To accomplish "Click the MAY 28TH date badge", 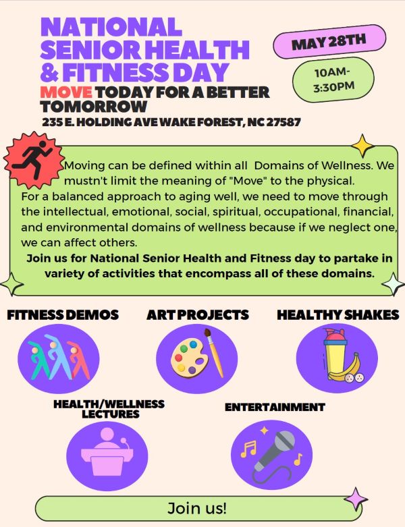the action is [x=329, y=42].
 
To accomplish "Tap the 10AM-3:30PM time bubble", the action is [x=333, y=80].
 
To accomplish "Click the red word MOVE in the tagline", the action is [x=66, y=92].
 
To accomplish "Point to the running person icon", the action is [x=33, y=159].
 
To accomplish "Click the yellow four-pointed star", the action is [x=362, y=146].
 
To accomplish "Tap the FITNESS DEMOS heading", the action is [x=63, y=314].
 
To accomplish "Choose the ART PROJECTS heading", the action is [x=198, y=314].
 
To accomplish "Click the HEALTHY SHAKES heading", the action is [x=337, y=314].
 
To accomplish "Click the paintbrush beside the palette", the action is [x=214, y=353].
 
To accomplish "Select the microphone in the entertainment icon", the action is [x=274, y=450].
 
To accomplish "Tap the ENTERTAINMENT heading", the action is [x=275, y=407].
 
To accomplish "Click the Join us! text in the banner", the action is [x=197, y=508].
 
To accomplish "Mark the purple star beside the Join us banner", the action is [x=356, y=499].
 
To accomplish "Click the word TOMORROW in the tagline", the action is [x=94, y=106].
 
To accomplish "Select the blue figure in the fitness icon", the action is [x=58, y=357].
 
